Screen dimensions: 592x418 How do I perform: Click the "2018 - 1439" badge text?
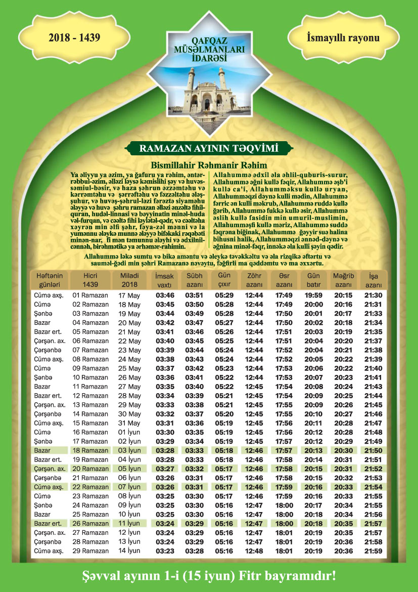pyautogui.click(x=74, y=38)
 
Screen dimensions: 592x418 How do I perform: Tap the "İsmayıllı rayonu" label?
pyautogui.click(x=343, y=38)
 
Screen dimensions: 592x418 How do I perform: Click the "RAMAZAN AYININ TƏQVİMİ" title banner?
pyautogui.click(x=209, y=149)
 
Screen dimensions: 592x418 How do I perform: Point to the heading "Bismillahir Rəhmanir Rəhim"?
pyautogui.click(x=209, y=165)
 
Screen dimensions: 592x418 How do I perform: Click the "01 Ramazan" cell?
pyautogui.click(x=90, y=295)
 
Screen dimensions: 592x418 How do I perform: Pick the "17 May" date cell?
pyautogui.click(x=129, y=295)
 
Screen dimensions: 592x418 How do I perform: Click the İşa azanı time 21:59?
pyautogui.click(x=374, y=551)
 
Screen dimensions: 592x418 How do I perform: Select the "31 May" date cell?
pyautogui.click(x=129, y=423)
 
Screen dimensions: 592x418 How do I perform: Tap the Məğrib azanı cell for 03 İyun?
pyautogui.click(x=344, y=450)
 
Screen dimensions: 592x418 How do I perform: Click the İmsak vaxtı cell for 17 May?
pyautogui.click(x=165, y=295)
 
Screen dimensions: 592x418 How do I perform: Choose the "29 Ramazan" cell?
pyautogui.click(x=90, y=551)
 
